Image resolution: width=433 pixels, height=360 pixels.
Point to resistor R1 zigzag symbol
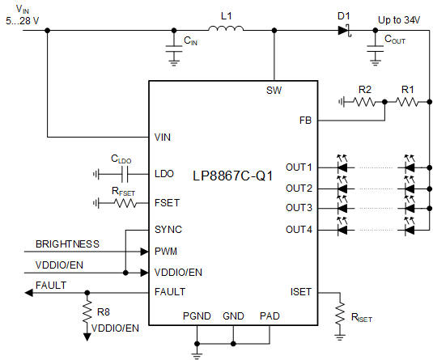pos(406,103)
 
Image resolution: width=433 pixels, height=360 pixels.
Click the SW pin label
pos(274,90)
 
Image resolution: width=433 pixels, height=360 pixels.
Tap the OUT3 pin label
pos(298,209)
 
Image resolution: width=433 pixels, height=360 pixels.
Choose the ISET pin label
pos(300,291)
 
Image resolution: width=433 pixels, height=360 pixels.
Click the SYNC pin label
pos(168,230)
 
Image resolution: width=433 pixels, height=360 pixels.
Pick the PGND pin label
pos(197,316)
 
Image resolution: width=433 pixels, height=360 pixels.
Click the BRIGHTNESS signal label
pos(67,244)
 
